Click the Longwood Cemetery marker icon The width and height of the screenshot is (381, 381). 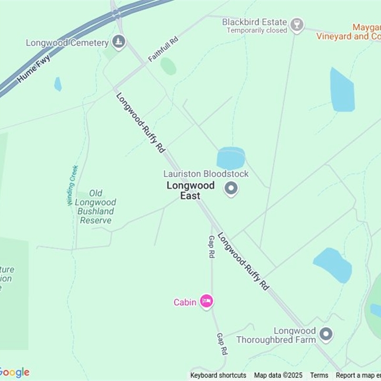pyautogui.click(x=119, y=42)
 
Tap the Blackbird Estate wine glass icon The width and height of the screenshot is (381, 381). pyautogui.click(x=297, y=25)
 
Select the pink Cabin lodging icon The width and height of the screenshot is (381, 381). pyautogui.click(x=206, y=301)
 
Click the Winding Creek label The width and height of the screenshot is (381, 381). pyautogui.click(x=72, y=185)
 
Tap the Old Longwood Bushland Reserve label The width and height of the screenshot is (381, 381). pyautogui.click(x=95, y=207)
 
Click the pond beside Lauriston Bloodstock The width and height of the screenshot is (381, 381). pyautogui.click(x=231, y=158)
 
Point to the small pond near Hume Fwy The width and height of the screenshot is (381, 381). pyautogui.click(x=58, y=84)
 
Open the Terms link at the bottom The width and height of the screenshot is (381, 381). pyautogui.click(x=319, y=375)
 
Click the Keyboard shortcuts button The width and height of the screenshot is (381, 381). pyautogui.click(x=218, y=375)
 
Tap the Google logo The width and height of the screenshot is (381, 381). pyautogui.click(x=14, y=372)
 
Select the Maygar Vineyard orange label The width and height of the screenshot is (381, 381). pyautogui.click(x=367, y=31)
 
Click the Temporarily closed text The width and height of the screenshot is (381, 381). pyautogui.click(x=257, y=30)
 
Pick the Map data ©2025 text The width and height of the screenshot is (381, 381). pyautogui.click(x=278, y=375)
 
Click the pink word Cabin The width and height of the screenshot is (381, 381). pyautogui.click(x=185, y=302)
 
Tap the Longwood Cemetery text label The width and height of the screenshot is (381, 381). pyautogui.click(x=67, y=43)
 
